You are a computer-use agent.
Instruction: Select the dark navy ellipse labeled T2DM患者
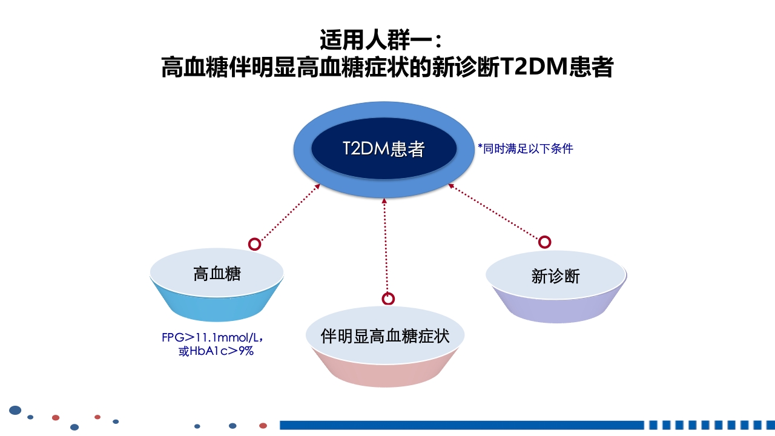click(x=383, y=149)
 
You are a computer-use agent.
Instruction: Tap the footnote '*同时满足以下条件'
click(x=525, y=148)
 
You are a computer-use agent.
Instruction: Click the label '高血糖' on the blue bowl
click(x=217, y=274)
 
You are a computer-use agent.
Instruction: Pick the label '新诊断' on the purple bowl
click(x=555, y=276)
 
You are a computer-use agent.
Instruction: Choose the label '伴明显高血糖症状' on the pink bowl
click(x=385, y=335)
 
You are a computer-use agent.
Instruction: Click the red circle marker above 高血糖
click(x=255, y=244)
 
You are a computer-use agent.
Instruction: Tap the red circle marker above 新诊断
click(x=545, y=242)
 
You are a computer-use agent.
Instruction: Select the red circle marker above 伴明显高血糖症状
click(x=388, y=299)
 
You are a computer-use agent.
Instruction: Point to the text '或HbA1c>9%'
click(x=216, y=351)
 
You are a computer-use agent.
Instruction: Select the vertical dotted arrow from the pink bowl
click(x=386, y=248)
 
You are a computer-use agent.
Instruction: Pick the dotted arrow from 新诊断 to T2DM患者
click(x=493, y=213)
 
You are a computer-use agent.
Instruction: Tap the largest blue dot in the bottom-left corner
click(x=15, y=411)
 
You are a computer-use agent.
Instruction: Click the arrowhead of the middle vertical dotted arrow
click(x=384, y=200)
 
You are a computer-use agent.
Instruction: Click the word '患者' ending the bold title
click(x=592, y=67)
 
